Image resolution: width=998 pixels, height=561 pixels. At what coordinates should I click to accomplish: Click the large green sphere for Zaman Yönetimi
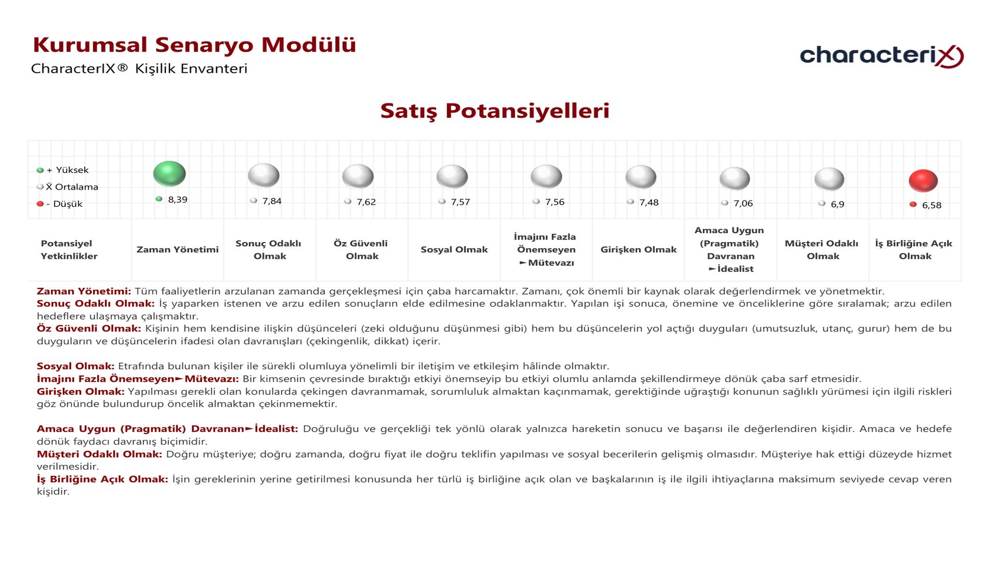[x=169, y=173]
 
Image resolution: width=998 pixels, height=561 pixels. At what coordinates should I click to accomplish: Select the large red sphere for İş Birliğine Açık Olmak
[x=923, y=181]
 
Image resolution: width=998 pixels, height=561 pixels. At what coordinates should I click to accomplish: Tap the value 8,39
[x=177, y=200]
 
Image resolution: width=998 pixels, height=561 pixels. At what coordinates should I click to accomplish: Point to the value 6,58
[x=931, y=205]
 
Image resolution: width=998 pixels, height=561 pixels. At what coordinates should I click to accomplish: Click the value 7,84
[x=272, y=201]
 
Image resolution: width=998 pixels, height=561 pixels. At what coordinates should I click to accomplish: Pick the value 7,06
[x=743, y=204]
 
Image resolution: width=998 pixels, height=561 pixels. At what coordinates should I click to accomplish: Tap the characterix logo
[x=882, y=56]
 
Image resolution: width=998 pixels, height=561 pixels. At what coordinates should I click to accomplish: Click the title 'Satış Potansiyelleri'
[x=494, y=111]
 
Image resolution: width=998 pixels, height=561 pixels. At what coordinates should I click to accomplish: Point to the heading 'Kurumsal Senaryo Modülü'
[x=194, y=45]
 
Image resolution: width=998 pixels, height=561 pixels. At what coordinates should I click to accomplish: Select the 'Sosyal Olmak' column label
[x=454, y=250]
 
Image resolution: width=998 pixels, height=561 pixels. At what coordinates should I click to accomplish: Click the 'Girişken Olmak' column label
[x=638, y=250]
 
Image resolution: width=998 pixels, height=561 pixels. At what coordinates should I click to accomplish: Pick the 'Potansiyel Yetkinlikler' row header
[x=69, y=250]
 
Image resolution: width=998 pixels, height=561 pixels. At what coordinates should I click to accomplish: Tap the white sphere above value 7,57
[x=452, y=177]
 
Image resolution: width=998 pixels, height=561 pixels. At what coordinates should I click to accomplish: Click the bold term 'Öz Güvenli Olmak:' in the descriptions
[x=89, y=329]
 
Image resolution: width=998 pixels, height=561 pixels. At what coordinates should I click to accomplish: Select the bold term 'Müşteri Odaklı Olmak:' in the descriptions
[x=99, y=455]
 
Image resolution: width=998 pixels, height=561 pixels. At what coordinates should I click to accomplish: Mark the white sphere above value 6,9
[x=829, y=179]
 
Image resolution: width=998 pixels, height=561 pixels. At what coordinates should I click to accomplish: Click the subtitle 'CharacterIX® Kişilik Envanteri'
[x=139, y=69]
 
